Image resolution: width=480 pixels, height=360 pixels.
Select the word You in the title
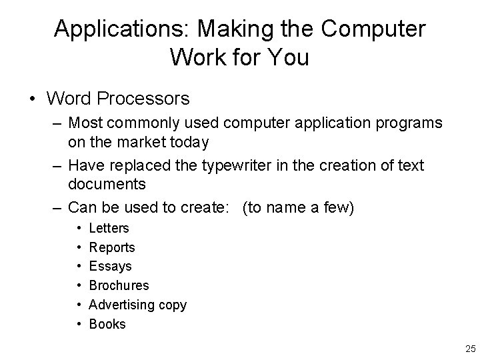pyautogui.click(x=287, y=57)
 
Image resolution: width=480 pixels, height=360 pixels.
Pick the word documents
pyautogui.click(x=107, y=183)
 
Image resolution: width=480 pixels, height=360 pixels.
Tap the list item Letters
pyautogui.click(x=109, y=228)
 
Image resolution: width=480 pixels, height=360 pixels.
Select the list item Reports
pyautogui.click(x=112, y=247)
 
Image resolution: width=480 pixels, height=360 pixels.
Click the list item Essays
pyautogui.click(x=110, y=267)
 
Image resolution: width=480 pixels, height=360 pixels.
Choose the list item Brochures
pyautogui.click(x=119, y=286)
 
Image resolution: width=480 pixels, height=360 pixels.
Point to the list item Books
pyautogui.click(x=107, y=325)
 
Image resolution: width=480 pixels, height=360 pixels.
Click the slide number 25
pyautogui.click(x=469, y=349)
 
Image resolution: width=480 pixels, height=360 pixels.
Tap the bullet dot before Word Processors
pyautogui.click(x=33, y=100)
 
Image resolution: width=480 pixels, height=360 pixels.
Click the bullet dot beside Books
pyautogui.click(x=79, y=325)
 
